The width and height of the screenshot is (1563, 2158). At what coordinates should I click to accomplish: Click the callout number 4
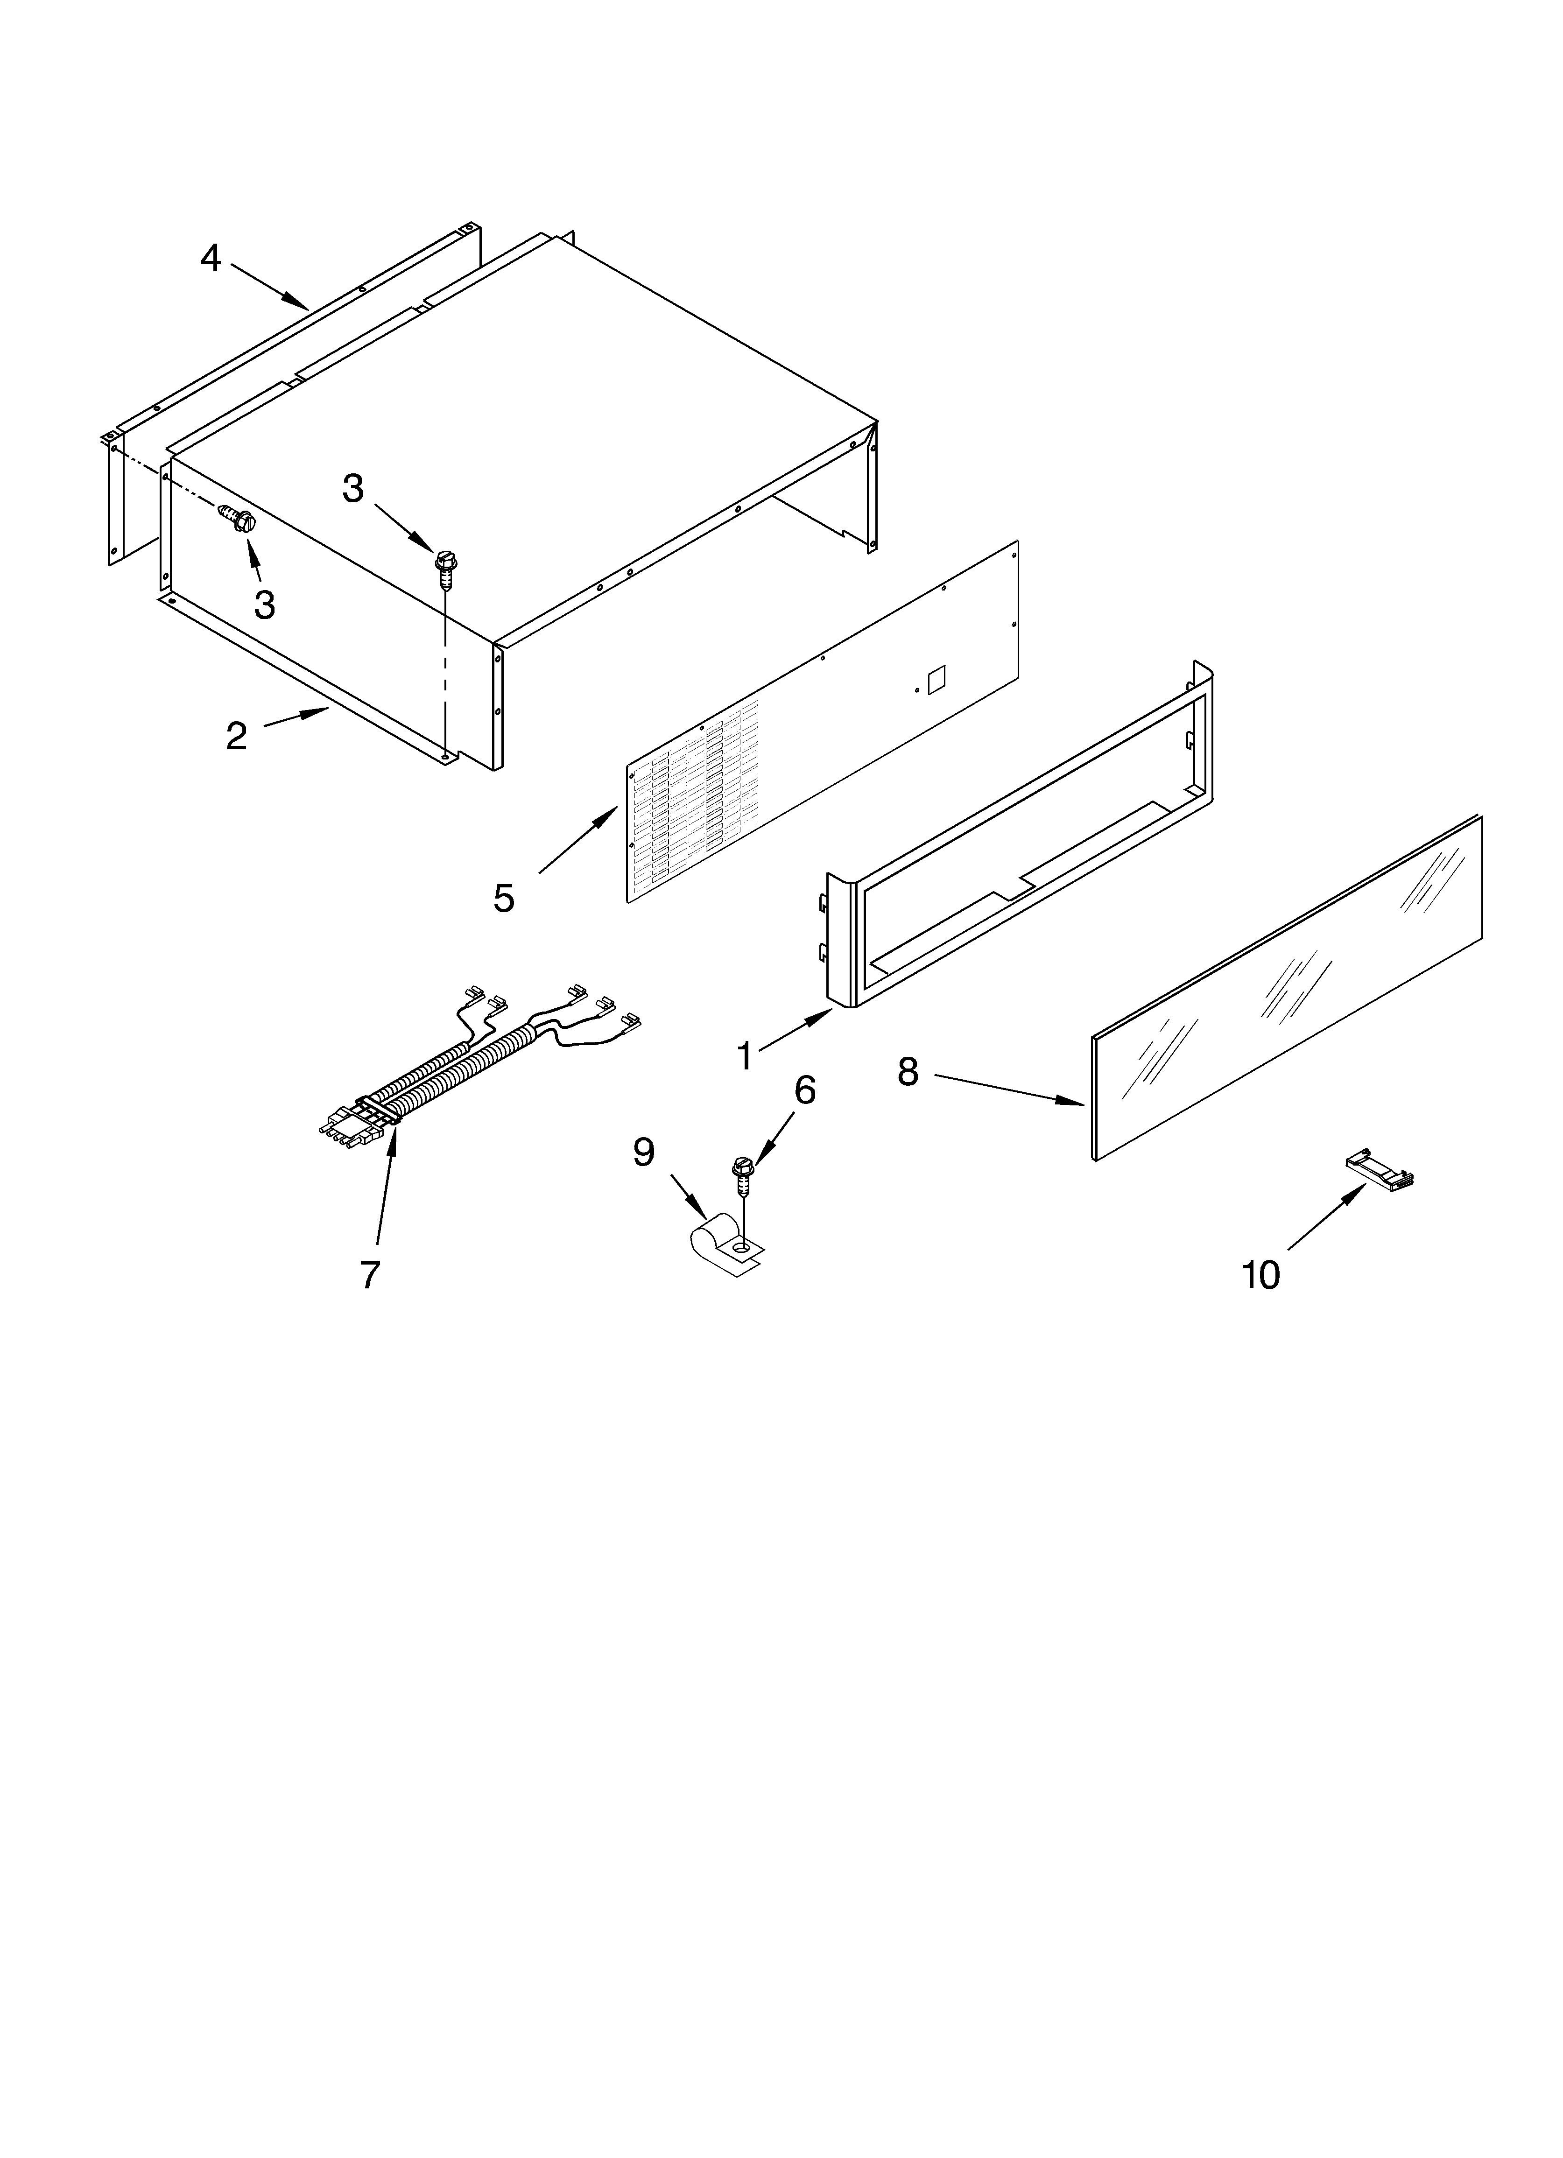pyautogui.click(x=211, y=258)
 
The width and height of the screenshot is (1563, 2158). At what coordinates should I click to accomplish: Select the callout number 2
pyautogui.click(x=236, y=736)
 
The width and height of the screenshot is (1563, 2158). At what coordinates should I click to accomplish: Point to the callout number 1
pyautogui.click(x=746, y=1055)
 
